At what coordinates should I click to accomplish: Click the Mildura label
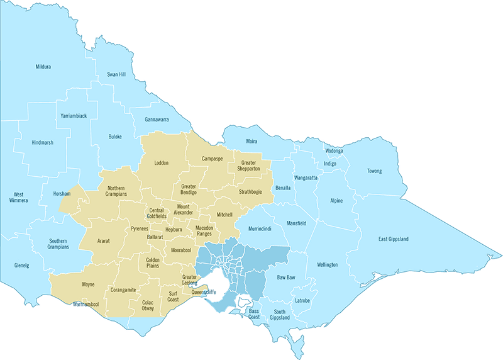pyautogui.click(x=43, y=66)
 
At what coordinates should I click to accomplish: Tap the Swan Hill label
pyautogui.click(x=116, y=74)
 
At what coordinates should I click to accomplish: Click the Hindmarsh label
pyautogui.click(x=42, y=143)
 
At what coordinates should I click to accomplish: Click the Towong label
pyautogui.click(x=375, y=171)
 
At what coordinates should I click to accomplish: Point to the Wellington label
pyautogui.click(x=328, y=264)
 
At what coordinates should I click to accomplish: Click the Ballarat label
pyautogui.click(x=155, y=239)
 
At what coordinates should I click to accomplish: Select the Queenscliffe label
pyautogui.click(x=203, y=292)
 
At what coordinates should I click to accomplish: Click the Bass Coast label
pyautogui.click(x=254, y=313)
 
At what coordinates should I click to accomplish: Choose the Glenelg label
pyautogui.click(x=21, y=265)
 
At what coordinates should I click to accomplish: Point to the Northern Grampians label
pyautogui.click(x=121, y=191)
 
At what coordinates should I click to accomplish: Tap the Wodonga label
pyautogui.click(x=334, y=151)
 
